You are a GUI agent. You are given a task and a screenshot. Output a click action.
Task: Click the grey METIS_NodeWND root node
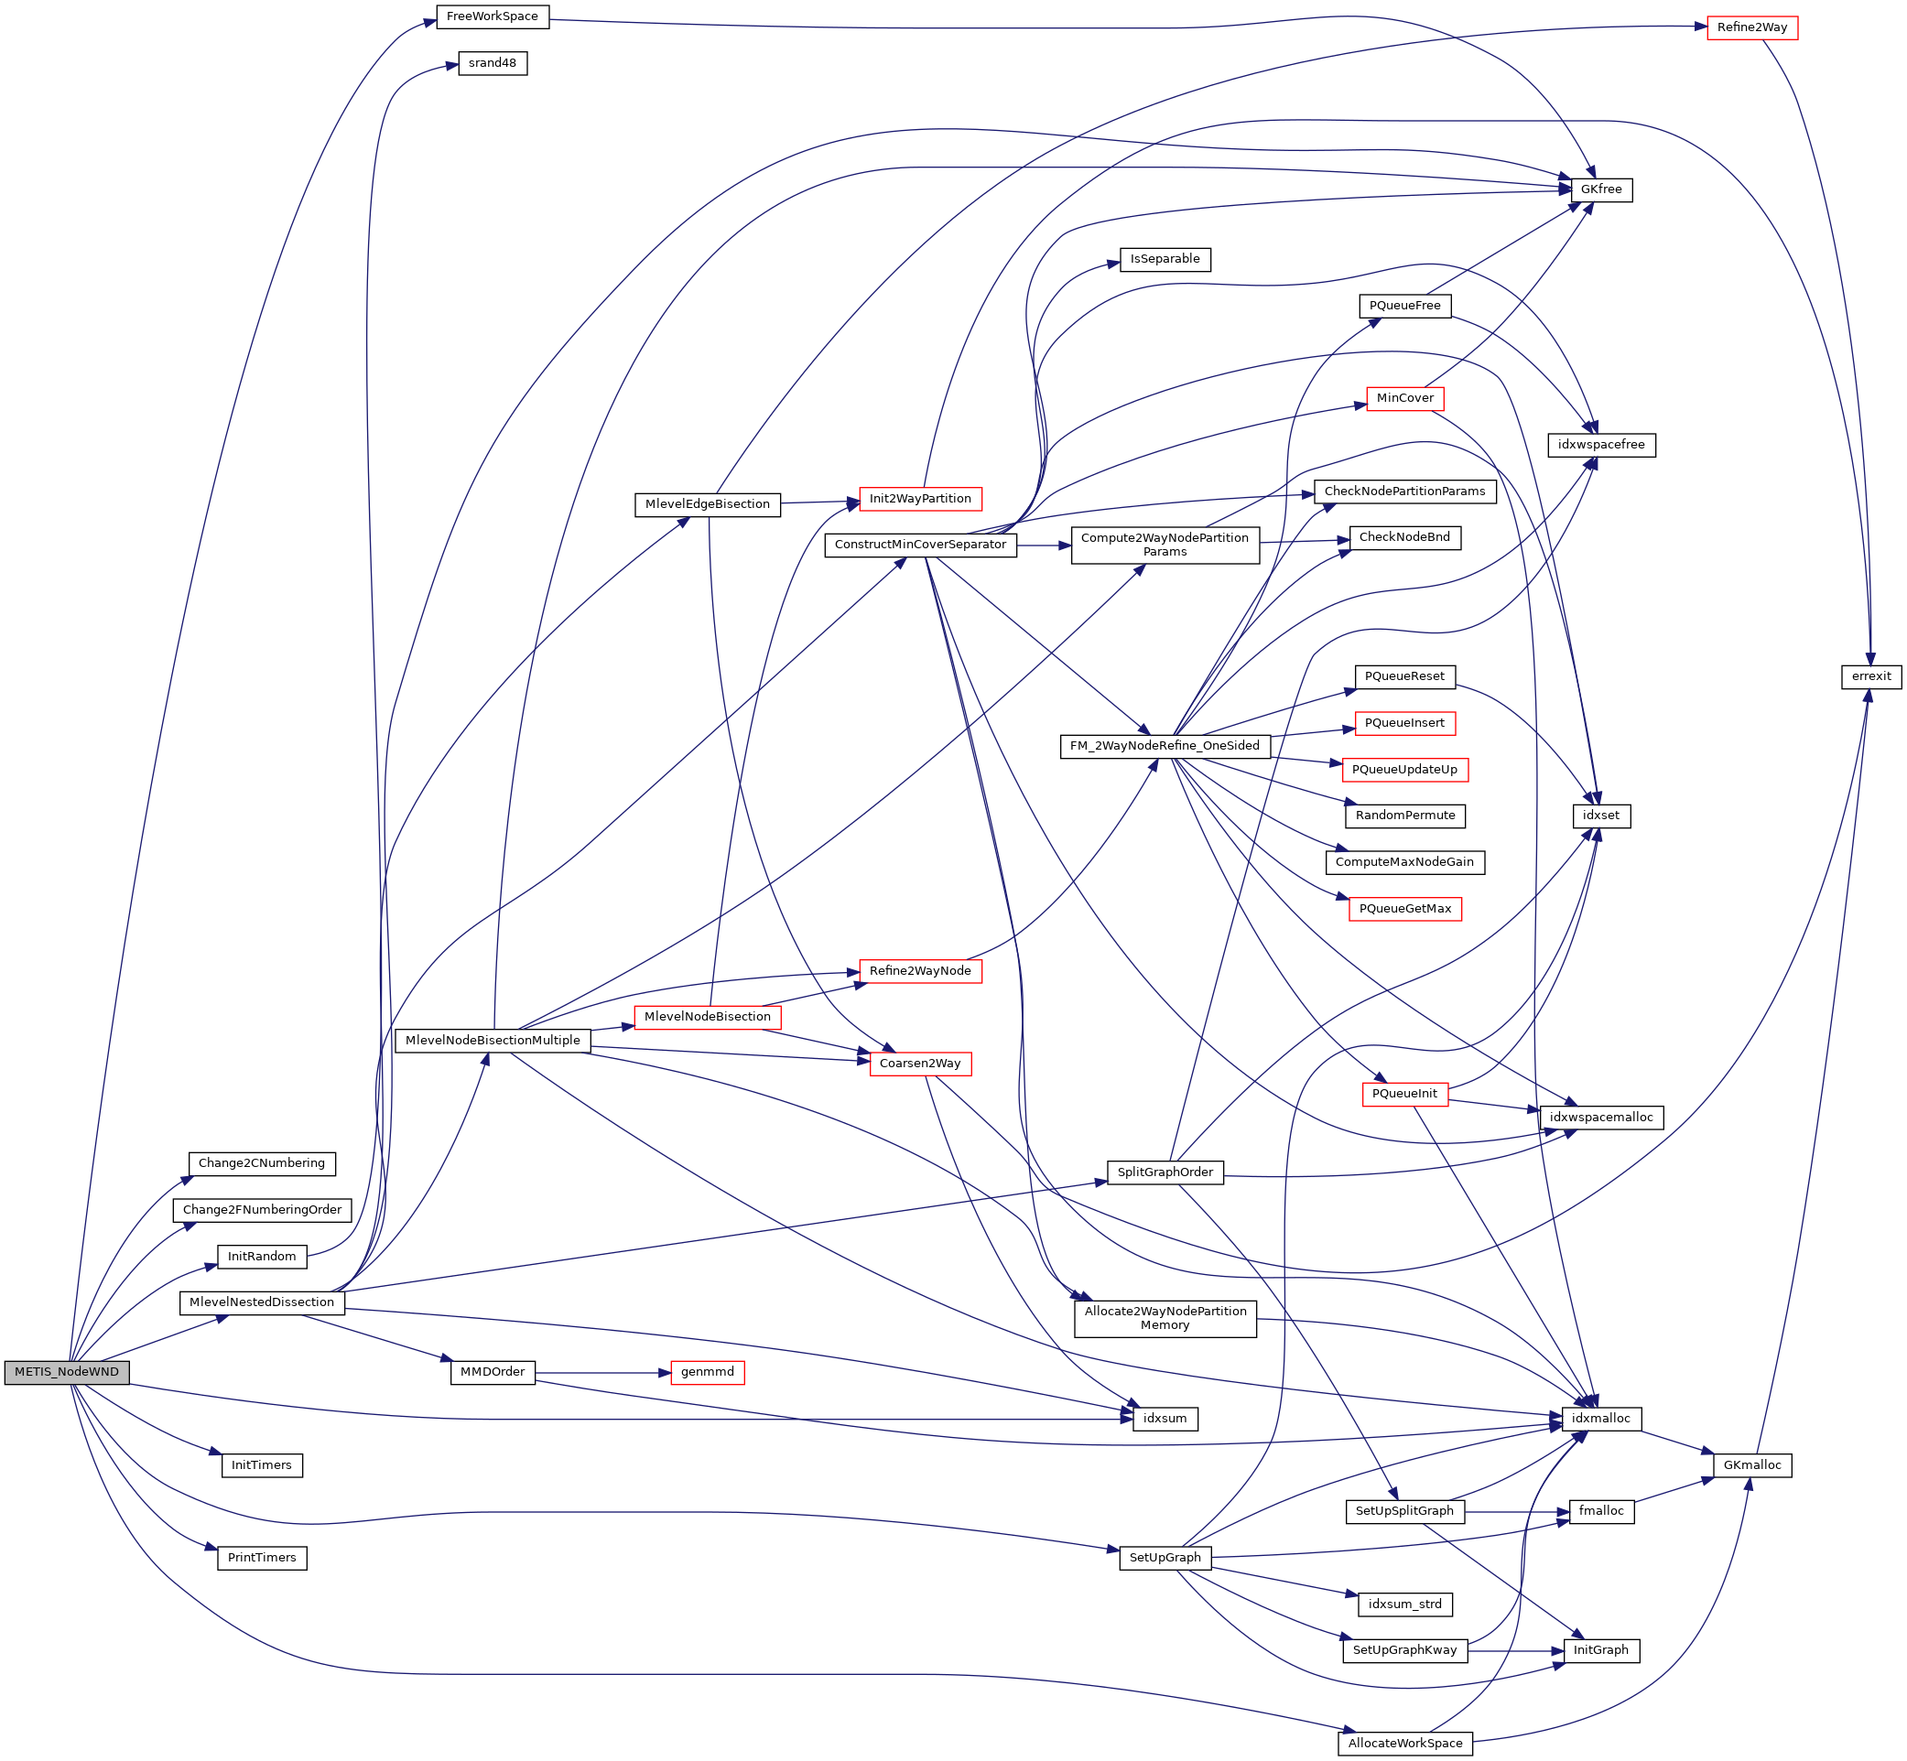tap(67, 1372)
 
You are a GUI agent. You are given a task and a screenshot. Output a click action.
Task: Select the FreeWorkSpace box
tap(493, 17)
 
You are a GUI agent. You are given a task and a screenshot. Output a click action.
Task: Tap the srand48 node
tap(493, 64)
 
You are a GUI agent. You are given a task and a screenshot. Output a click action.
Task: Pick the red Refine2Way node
tap(1751, 28)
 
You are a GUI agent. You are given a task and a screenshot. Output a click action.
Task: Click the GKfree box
tap(1601, 189)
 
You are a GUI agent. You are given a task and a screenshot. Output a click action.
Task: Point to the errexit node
tap(1870, 676)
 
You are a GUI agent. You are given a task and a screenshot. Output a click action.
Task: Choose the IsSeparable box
tap(1165, 259)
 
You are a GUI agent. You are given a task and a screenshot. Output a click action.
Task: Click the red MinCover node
tap(1404, 398)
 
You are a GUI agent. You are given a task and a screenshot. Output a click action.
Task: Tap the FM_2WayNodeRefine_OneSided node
tap(1165, 746)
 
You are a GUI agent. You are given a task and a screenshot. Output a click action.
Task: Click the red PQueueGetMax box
tap(1404, 909)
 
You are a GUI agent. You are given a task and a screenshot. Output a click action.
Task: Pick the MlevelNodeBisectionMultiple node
tap(493, 1041)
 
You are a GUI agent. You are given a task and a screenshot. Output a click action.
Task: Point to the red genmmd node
tap(707, 1372)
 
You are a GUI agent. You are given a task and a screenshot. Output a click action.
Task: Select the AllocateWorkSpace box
tap(1404, 1744)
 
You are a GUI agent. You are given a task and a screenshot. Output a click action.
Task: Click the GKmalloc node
tap(1751, 1465)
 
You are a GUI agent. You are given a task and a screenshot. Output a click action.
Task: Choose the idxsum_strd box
tap(1404, 1604)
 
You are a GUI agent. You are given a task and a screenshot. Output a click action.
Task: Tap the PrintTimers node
tap(262, 1558)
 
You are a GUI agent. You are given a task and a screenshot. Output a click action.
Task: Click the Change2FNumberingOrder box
tap(262, 1210)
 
